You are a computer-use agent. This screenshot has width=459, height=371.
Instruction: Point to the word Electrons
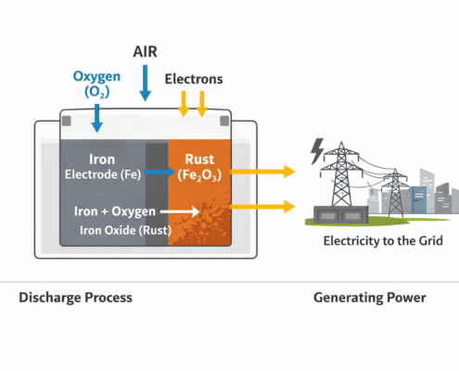point(193,79)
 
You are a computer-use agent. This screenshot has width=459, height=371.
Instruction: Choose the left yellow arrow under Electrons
point(184,104)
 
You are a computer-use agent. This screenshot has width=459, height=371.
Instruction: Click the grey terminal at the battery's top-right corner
point(223,121)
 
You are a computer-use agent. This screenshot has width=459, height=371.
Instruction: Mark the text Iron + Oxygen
point(116,211)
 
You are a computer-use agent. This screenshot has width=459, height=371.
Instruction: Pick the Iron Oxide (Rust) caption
point(119,229)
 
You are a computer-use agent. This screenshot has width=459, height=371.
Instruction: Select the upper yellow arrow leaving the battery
point(262,171)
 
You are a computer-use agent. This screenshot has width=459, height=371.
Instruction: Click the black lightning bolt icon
point(318,148)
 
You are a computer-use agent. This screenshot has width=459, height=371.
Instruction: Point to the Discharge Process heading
point(75,298)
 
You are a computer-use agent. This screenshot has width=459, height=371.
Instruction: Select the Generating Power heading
point(368,298)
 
